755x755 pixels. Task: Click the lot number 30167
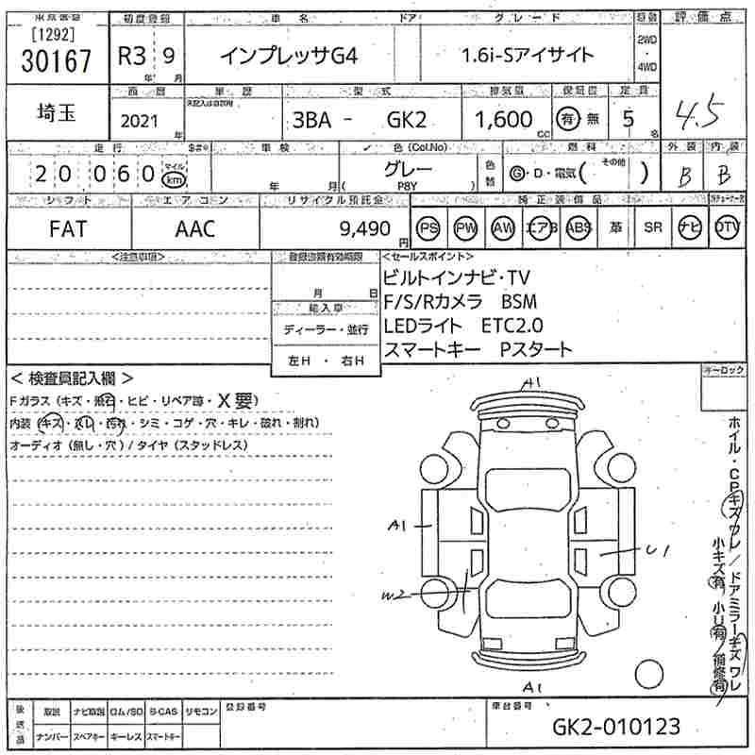(56, 62)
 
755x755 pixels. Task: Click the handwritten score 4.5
(698, 116)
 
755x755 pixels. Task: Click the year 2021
(142, 122)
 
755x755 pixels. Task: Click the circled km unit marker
(173, 177)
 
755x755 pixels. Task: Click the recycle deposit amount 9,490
(363, 228)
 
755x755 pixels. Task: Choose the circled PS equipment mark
(429, 228)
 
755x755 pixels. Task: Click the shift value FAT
(69, 228)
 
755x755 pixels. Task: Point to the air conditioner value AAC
(194, 228)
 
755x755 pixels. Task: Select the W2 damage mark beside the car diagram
(394, 594)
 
